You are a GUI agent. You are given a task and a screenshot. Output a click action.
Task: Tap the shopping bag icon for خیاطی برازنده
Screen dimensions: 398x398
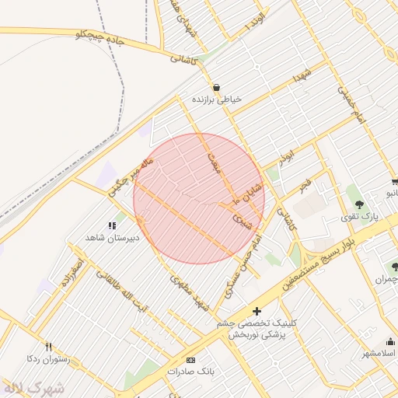pyautogui.click(x=215, y=87)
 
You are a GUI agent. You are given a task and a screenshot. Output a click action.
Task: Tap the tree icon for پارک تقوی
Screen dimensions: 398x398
pyautogui.click(x=358, y=204)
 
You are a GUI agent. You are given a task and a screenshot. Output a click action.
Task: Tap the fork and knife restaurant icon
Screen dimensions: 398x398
pyautogui.click(x=49, y=347)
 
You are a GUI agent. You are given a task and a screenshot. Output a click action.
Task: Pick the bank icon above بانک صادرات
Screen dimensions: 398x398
pyautogui.click(x=191, y=360)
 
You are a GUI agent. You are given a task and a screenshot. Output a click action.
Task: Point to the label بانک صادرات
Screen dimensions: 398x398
pyautogui.click(x=191, y=372)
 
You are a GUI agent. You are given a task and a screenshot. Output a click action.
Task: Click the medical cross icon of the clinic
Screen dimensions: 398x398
pyautogui.click(x=257, y=312)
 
